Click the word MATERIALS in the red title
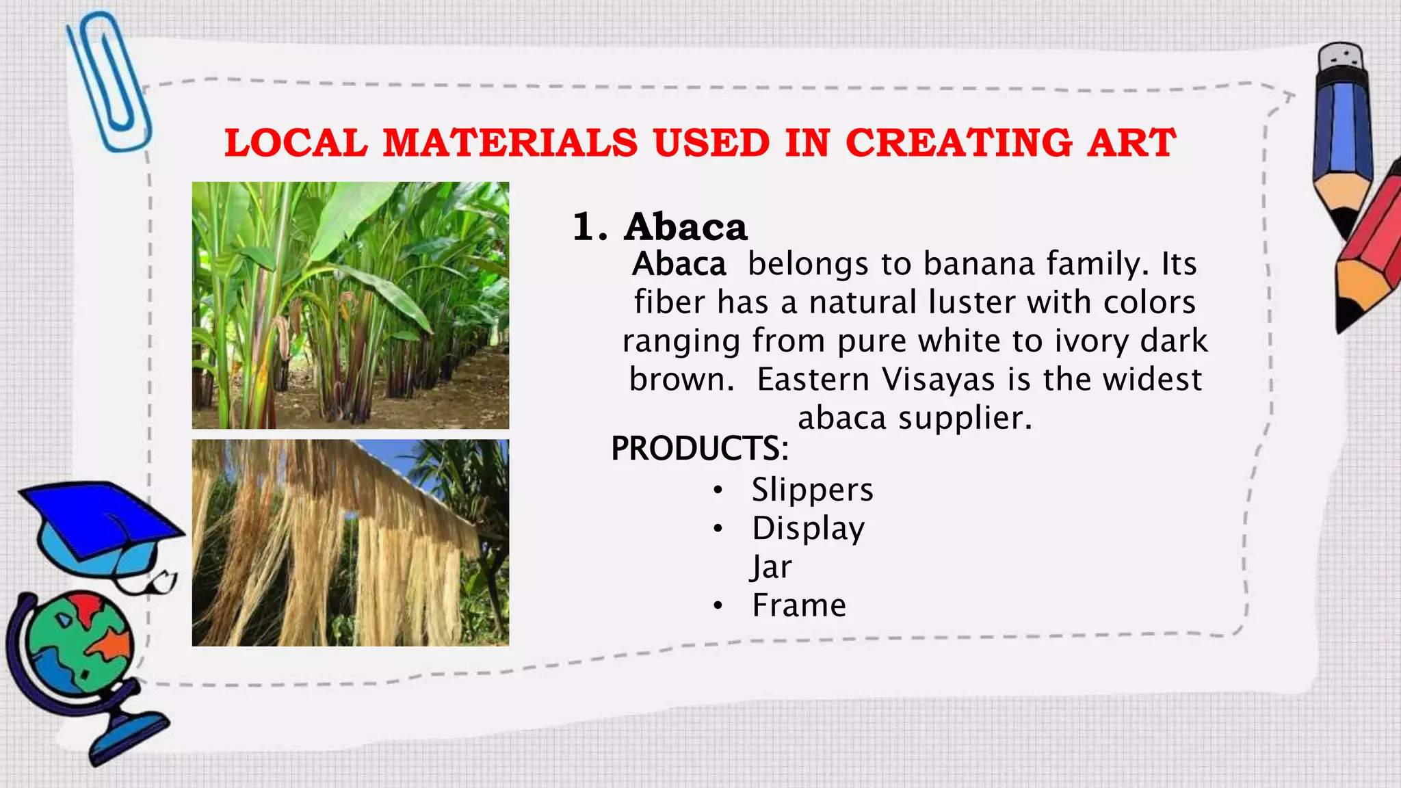[510, 144]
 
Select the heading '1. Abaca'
[659, 227]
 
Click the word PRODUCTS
[699, 449]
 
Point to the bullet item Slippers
[812, 490]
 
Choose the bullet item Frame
[798, 605]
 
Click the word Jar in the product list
[771, 567]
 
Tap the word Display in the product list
[808, 529]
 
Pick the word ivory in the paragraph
[1091, 341]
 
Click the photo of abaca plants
[350, 305]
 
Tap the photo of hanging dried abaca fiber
[350, 542]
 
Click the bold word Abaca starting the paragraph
[679, 264]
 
